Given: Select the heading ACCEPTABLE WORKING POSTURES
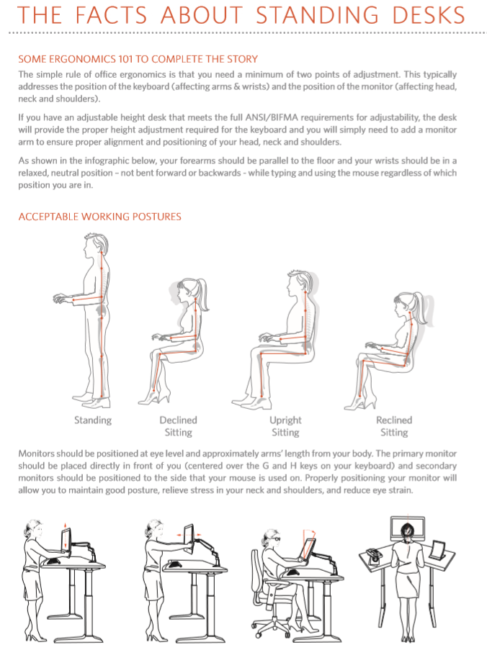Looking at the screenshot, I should (x=99, y=217).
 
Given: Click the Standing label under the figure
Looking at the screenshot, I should (x=93, y=420).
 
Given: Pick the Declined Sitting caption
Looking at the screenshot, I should (x=178, y=426).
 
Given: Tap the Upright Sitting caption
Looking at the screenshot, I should (x=285, y=426).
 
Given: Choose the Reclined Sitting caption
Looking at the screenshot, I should (x=394, y=426).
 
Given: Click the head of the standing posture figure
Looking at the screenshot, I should (x=96, y=244).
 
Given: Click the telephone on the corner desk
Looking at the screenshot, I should (x=373, y=556).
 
